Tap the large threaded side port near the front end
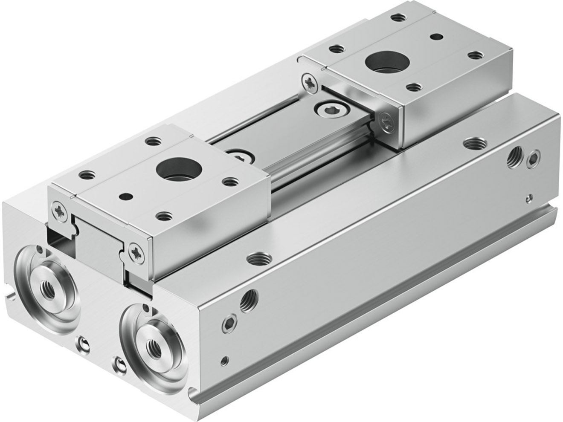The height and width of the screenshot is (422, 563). click(x=248, y=301)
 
